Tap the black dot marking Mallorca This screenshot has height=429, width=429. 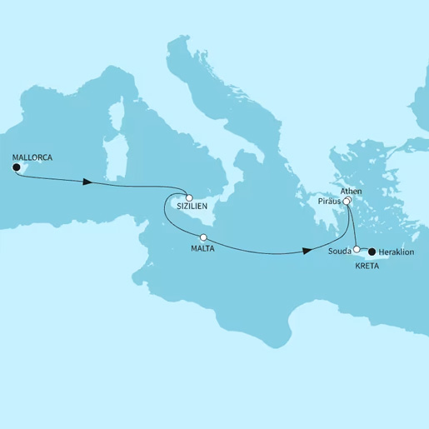[16, 167]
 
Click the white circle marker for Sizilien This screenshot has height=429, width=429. [189, 189]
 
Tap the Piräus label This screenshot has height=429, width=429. [331, 202]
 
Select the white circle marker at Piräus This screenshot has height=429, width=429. [347, 201]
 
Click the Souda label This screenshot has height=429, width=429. [341, 250]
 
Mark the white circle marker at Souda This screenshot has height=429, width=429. [357, 249]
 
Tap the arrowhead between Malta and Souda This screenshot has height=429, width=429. [308, 250]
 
